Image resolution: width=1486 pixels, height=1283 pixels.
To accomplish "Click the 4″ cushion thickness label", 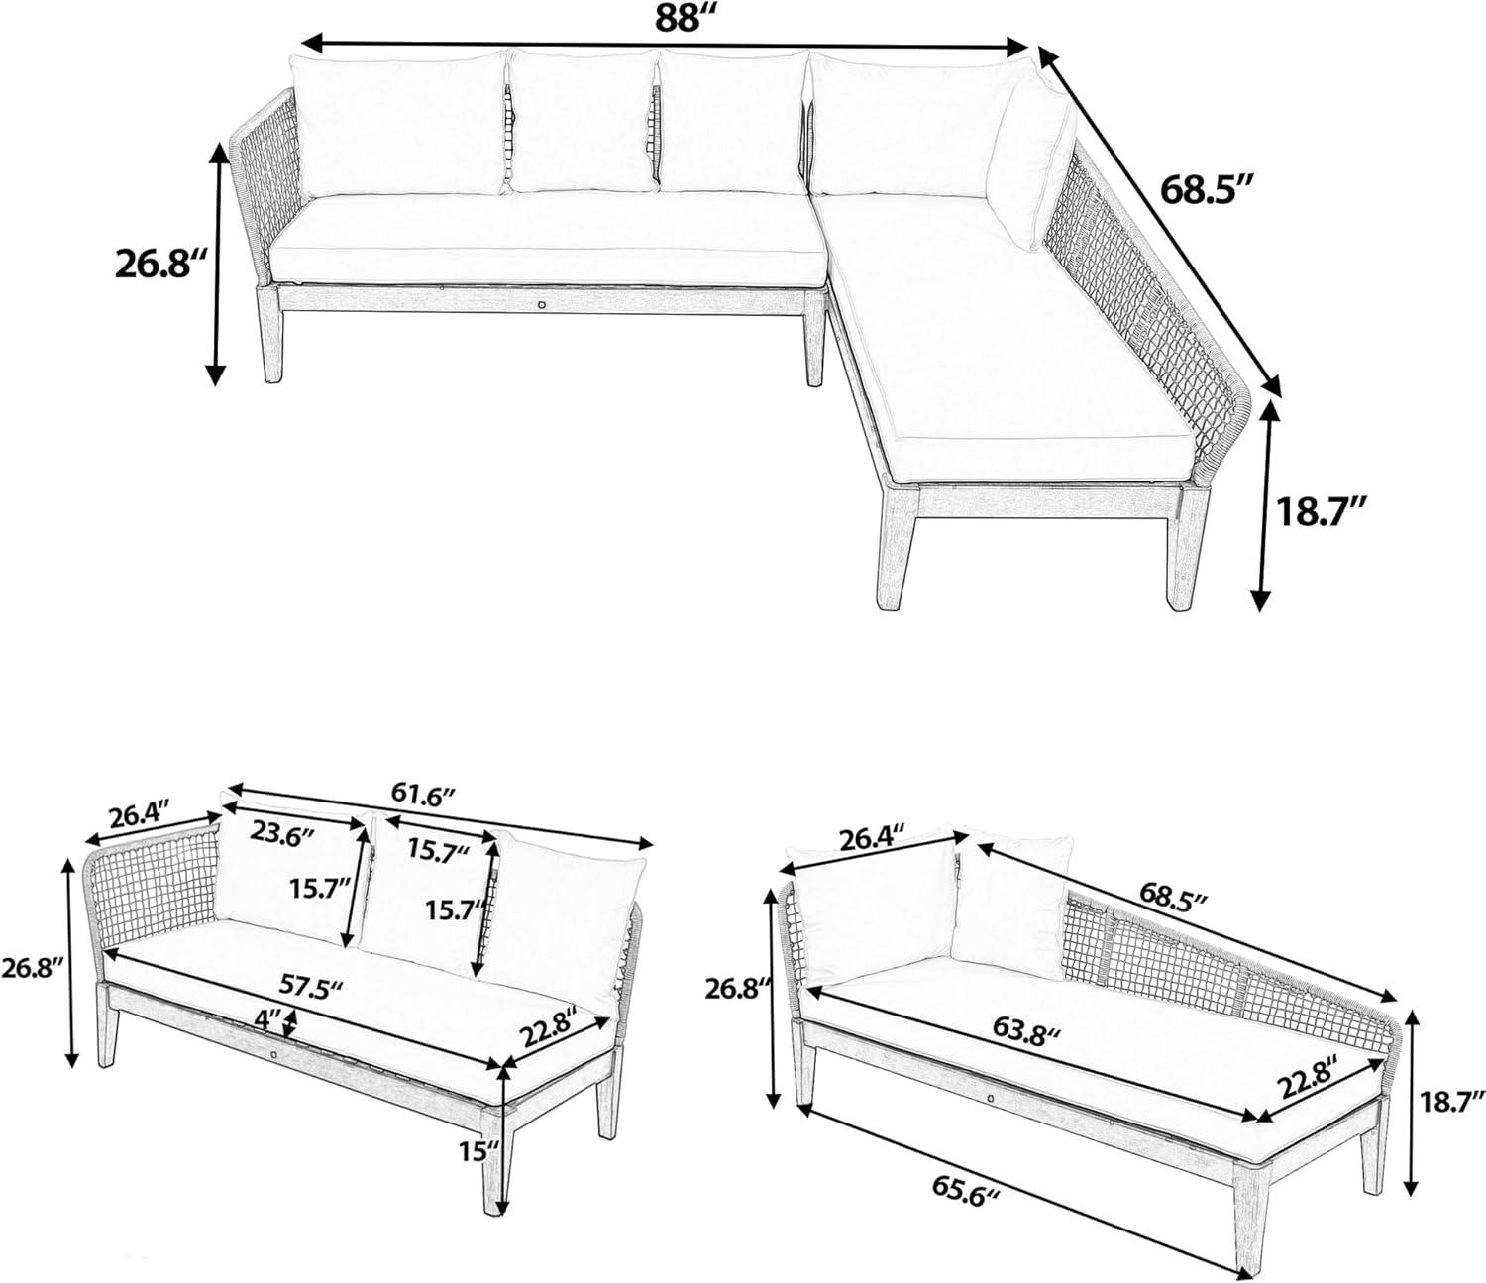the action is point(266,1019).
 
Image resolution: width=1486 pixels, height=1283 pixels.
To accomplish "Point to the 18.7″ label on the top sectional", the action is point(1321,512).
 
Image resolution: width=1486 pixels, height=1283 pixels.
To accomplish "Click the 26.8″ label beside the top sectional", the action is point(163,264).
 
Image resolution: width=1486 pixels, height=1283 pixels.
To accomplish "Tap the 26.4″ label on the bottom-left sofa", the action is point(139,817).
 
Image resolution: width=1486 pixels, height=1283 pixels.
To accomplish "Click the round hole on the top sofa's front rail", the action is point(541,305).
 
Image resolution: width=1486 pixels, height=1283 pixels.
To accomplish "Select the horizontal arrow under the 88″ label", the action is point(665,47).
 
